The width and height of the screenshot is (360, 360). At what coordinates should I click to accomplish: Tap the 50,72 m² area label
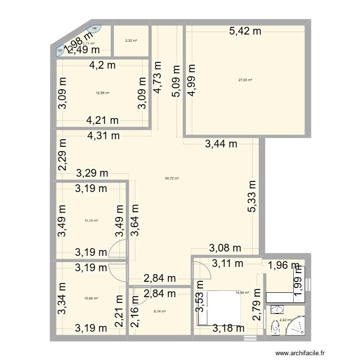tap(172, 179)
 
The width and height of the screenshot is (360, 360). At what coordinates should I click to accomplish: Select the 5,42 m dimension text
tap(245, 32)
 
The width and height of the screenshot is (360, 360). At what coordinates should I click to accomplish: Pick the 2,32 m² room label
tap(131, 40)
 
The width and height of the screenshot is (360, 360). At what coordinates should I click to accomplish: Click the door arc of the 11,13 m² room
tap(117, 251)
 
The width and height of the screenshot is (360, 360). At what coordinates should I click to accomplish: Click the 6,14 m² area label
tap(160, 311)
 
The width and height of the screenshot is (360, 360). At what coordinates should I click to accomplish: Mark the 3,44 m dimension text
tap(221, 143)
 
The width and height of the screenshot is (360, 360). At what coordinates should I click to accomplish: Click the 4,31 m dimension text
tap(103, 136)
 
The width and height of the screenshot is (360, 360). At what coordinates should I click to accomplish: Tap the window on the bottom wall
tap(250, 339)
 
